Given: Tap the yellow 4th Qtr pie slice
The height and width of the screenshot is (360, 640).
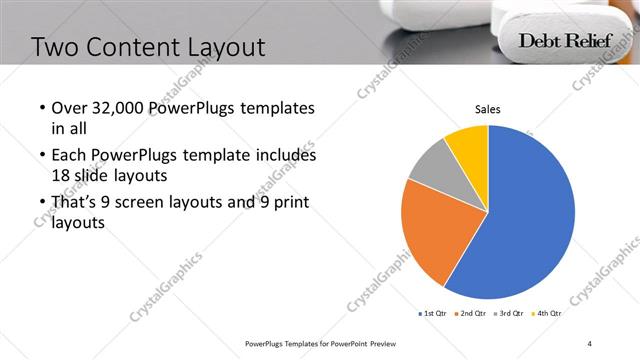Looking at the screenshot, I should click(x=468, y=142).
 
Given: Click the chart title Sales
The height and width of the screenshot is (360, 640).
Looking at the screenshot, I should click(x=487, y=110).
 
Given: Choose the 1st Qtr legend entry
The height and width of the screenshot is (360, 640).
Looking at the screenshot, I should click(x=434, y=314).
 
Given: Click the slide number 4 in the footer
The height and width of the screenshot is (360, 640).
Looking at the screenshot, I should click(x=590, y=343).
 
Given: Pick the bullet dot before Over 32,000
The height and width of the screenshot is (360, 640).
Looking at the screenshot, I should click(x=41, y=108).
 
